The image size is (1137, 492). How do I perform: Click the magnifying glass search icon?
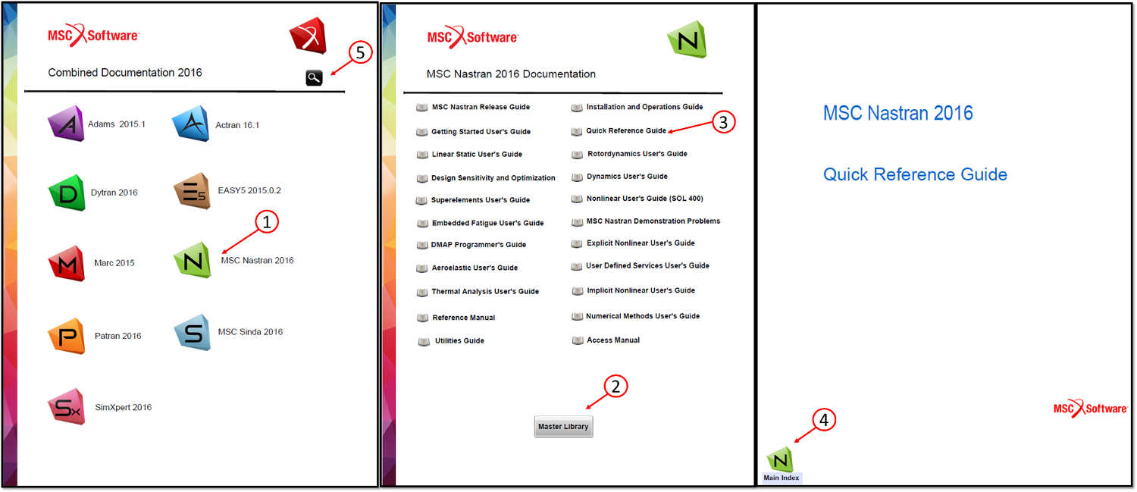(314, 77)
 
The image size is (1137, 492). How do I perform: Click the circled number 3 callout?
(724, 122)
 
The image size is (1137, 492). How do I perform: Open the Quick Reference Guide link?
(625, 131)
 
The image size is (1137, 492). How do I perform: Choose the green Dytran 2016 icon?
(67, 193)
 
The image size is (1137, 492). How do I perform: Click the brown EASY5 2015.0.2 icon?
(190, 190)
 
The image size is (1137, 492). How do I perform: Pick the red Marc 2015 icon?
(67, 263)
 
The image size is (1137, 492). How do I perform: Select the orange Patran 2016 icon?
(67, 336)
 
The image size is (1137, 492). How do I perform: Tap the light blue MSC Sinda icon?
(193, 332)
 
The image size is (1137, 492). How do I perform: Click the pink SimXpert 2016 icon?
(67, 407)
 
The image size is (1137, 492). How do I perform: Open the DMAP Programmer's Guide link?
(478, 245)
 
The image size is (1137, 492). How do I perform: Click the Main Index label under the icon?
(780, 478)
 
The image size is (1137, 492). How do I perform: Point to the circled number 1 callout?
(267, 222)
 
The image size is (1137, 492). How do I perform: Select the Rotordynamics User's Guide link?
(637, 154)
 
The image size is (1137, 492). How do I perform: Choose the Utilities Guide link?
(459, 341)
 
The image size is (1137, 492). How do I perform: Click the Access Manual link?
(612, 340)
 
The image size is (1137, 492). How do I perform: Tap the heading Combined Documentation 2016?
(125, 73)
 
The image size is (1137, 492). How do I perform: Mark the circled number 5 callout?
(360, 52)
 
